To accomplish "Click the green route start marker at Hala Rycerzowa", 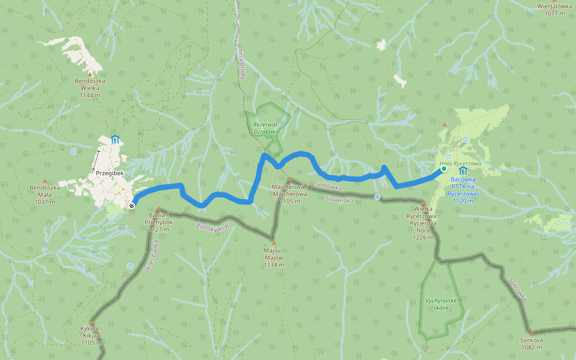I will (x=444, y=169).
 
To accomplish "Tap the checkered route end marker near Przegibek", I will (x=131, y=206).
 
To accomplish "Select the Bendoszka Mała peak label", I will (x=45, y=194).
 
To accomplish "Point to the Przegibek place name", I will (x=109, y=173).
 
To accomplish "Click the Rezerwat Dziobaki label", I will (x=265, y=127).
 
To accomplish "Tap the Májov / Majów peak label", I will (x=274, y=257).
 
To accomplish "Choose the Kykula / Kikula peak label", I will (x=92, y=335).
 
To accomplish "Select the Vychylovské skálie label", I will (x=441, y=304).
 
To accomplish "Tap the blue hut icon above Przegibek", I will (x=115, y=140).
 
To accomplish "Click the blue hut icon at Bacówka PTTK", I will (x=463, y=171).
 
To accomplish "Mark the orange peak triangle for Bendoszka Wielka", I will (x=90, y=74).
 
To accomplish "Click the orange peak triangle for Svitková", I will (x=531, y=333).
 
